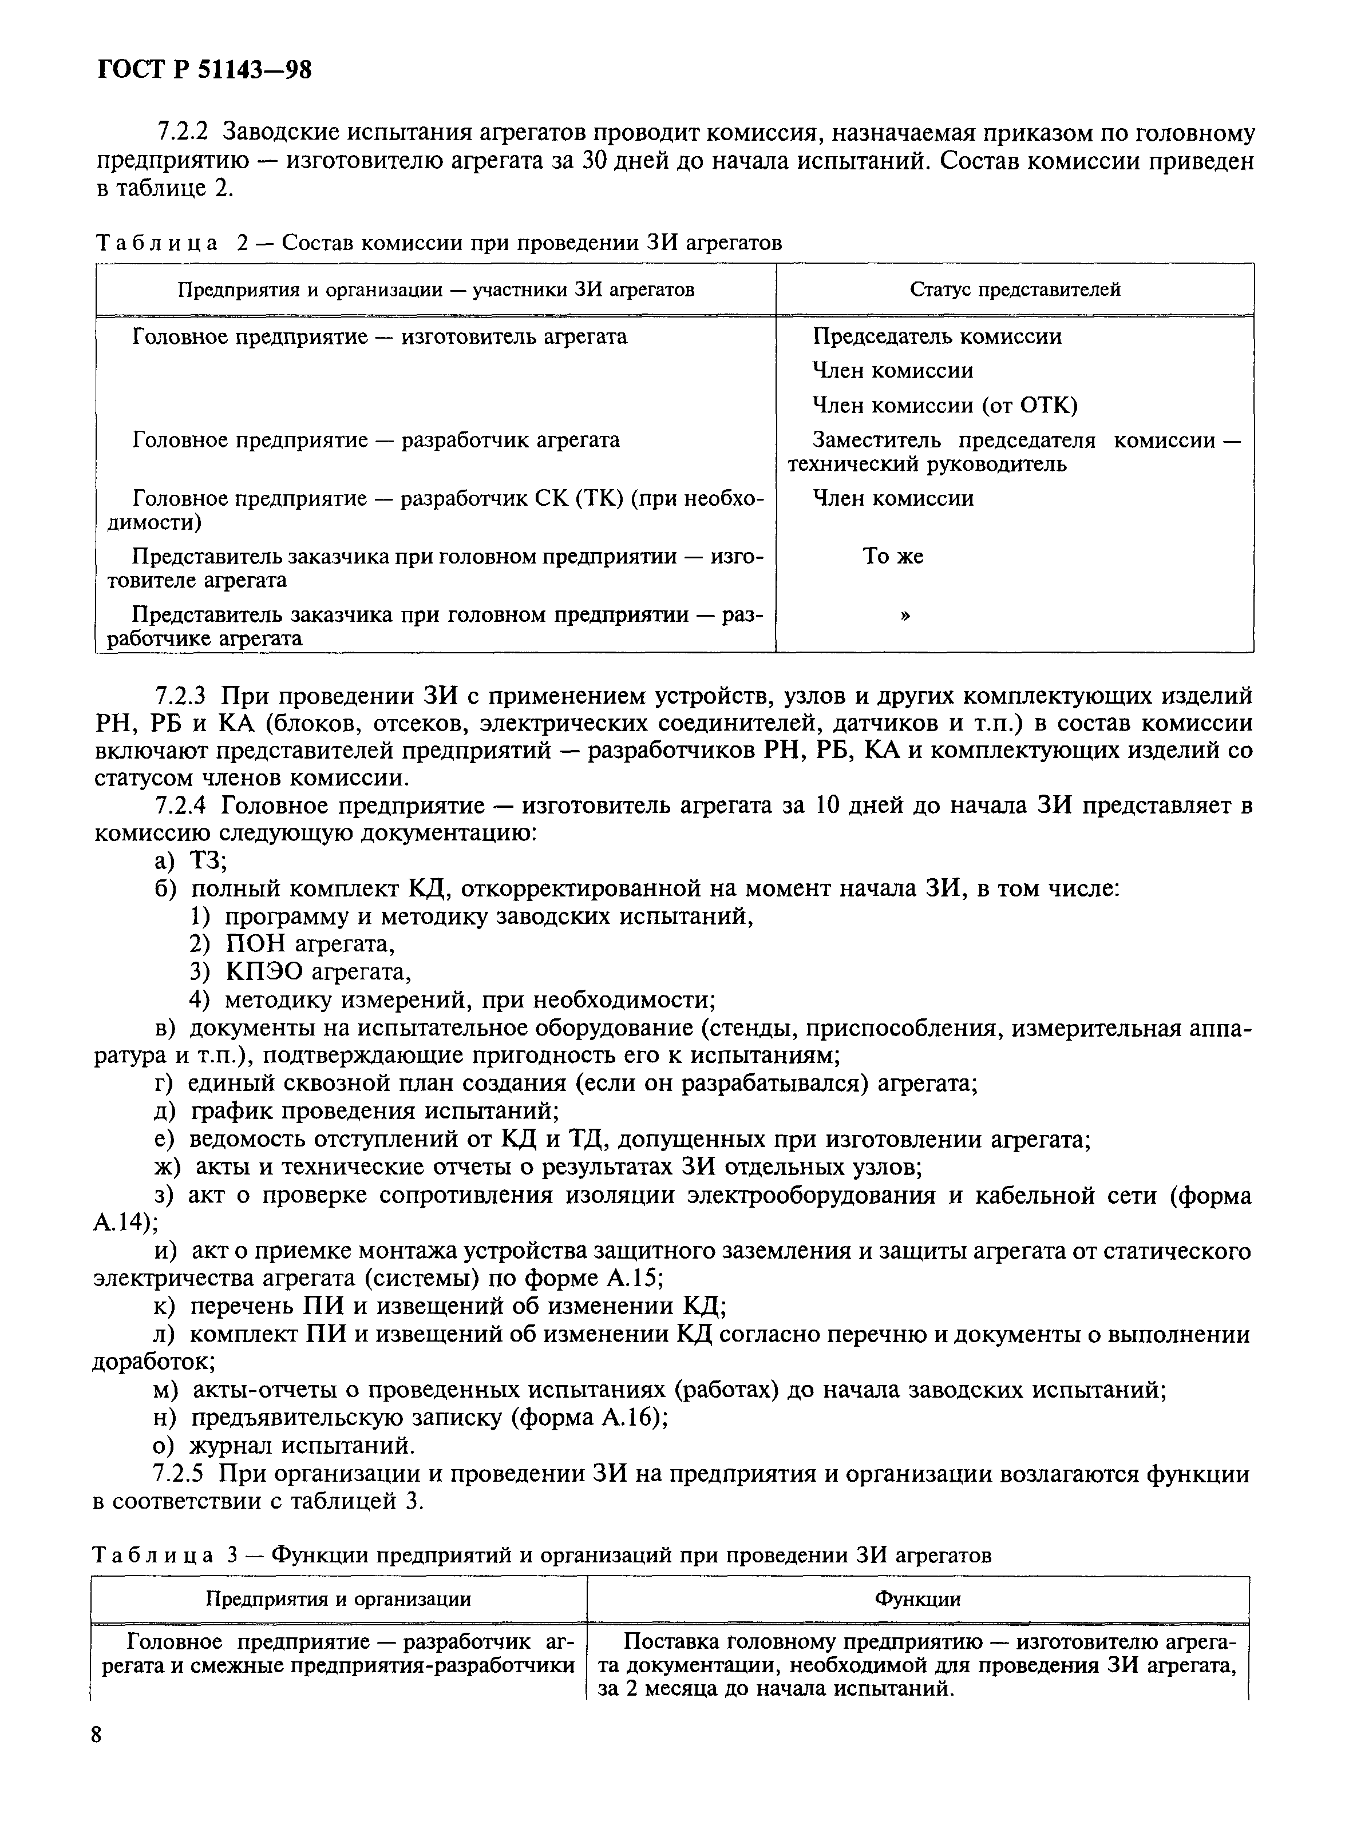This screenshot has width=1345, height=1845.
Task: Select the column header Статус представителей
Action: [x=1014, y=289]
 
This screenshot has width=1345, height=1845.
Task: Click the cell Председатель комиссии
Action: [x=937, y=337]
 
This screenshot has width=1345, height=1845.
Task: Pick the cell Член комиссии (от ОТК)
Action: [x=944, y=405]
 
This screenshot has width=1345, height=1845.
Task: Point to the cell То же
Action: [x=893, y=556]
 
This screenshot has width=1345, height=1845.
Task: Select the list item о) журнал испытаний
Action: [x=285, y=1446]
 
